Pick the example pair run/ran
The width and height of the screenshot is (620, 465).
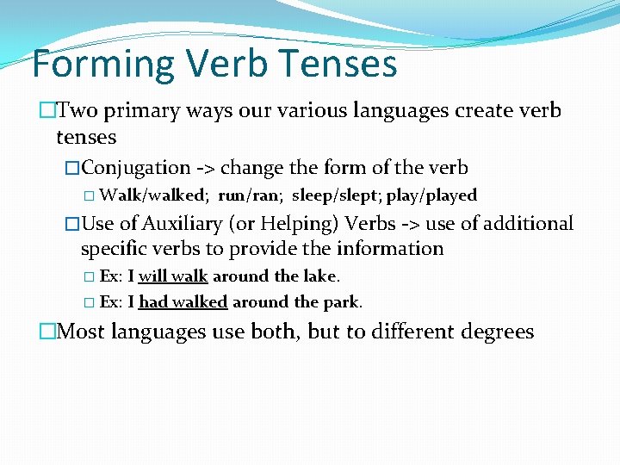point(250,195)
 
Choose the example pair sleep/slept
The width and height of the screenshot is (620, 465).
point(337,195)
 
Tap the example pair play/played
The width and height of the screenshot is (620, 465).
point(431,195)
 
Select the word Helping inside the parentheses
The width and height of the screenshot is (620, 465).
point(302,224)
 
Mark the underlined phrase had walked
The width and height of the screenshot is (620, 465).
point(183,302)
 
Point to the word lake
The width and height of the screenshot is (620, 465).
point(320,276)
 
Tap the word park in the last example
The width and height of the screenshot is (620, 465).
point(341,302)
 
